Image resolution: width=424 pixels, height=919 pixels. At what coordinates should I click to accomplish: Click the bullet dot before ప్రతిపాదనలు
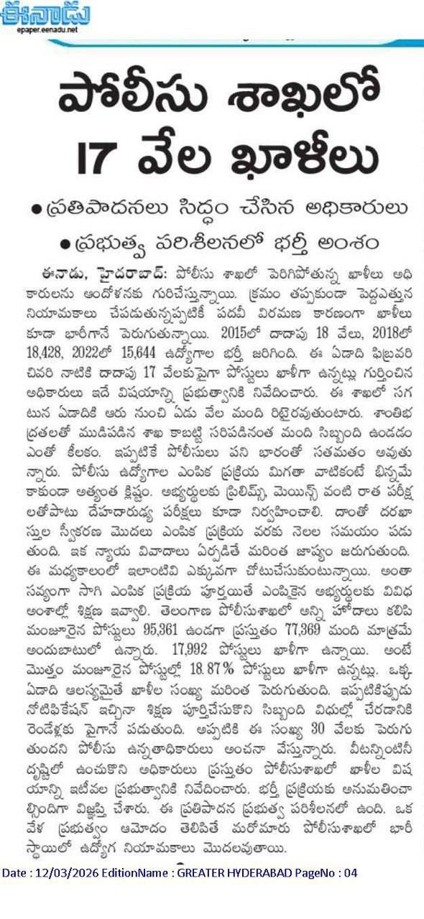35,209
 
